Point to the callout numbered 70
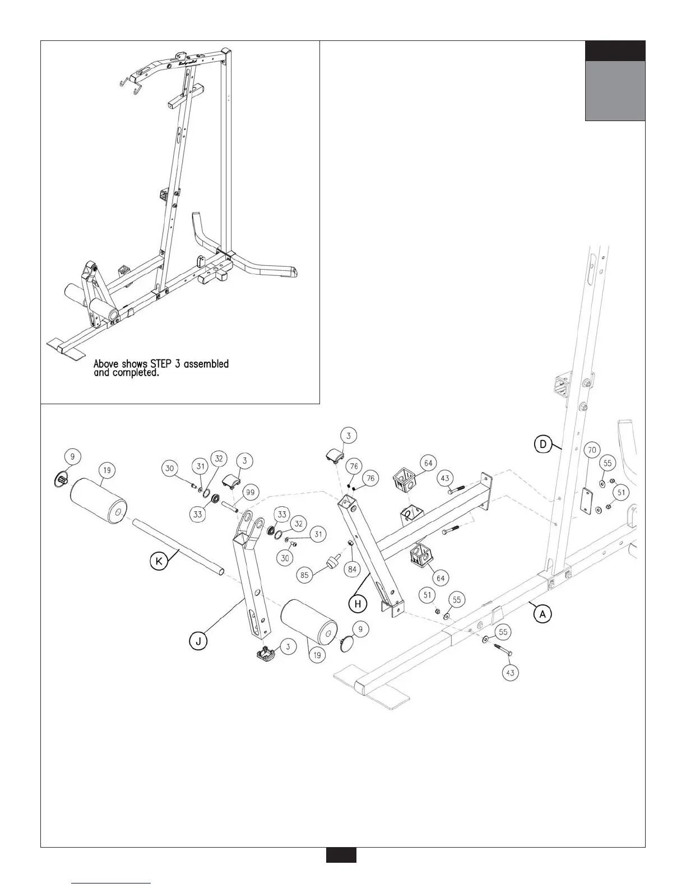(591, 450)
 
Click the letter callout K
(159, 561)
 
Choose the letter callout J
(199, 639)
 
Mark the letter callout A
(542, 614)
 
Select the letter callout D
(542, 445)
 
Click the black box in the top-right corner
(615, 51)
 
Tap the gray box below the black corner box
(615, 91)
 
